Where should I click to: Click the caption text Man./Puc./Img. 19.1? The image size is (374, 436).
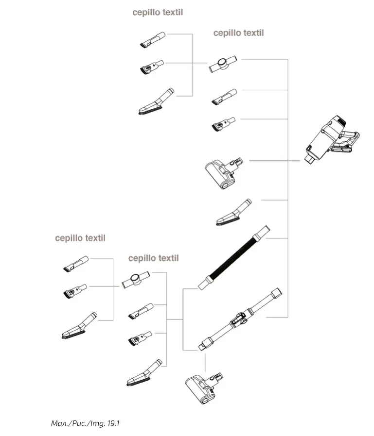85,423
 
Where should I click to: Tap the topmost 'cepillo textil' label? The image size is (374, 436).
158,12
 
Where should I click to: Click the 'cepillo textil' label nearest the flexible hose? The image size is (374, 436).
153,258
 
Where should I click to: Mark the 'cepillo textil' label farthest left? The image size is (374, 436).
80,238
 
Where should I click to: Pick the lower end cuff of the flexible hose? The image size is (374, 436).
206,283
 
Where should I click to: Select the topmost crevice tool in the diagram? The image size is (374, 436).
153,39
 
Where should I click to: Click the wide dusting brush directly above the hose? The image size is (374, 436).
234,213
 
